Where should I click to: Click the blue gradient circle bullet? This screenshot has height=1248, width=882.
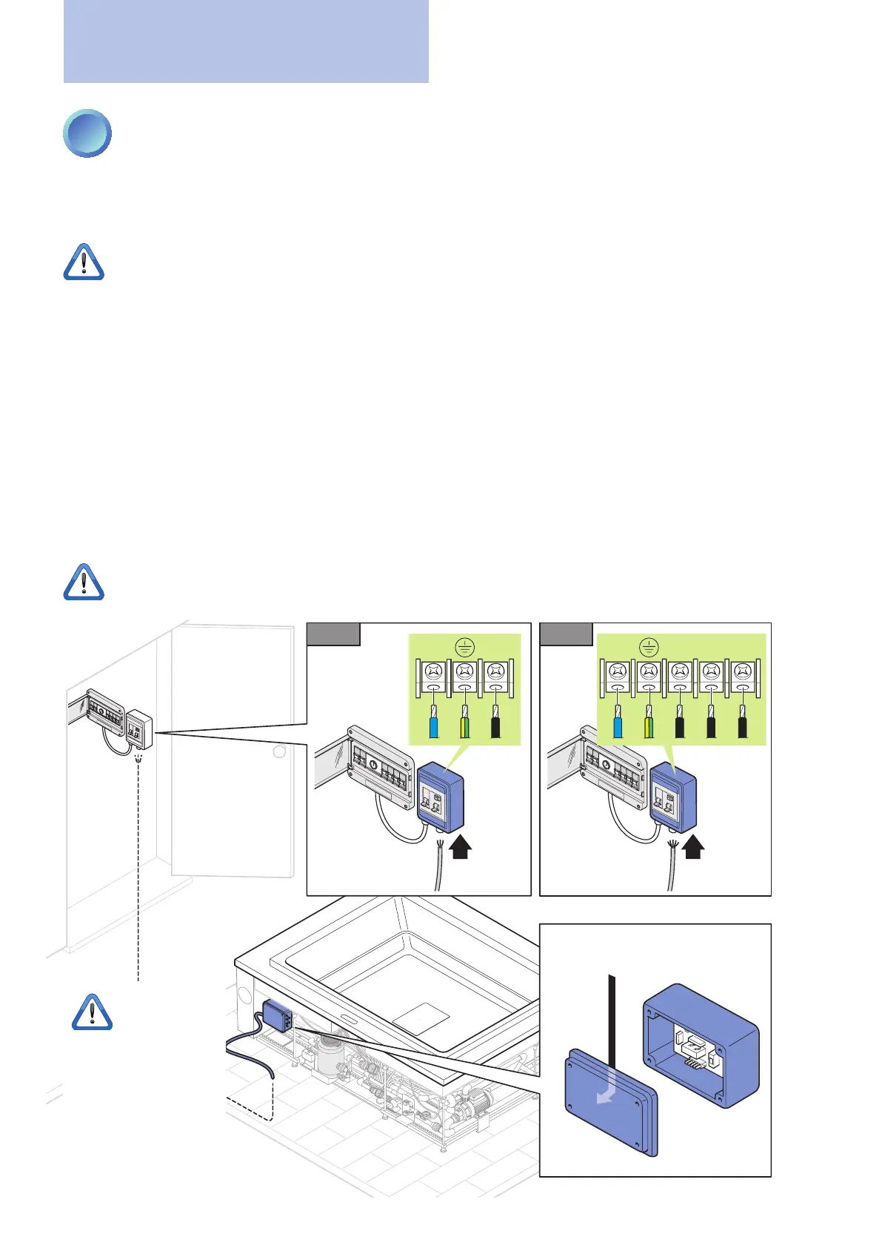(87, 133)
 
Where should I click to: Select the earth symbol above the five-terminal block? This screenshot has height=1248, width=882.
(649, 647)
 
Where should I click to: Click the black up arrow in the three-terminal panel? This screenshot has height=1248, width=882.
(461, 846)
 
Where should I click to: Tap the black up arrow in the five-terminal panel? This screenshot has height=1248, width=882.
(693, 846)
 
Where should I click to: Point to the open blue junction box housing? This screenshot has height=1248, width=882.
(701, 1045)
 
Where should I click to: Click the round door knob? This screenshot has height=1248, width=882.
(279, 751)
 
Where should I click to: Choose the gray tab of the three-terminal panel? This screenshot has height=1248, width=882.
(333, 634)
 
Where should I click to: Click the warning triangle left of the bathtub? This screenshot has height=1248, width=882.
(92, 1012)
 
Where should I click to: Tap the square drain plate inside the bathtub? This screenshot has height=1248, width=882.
(421, 1020)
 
